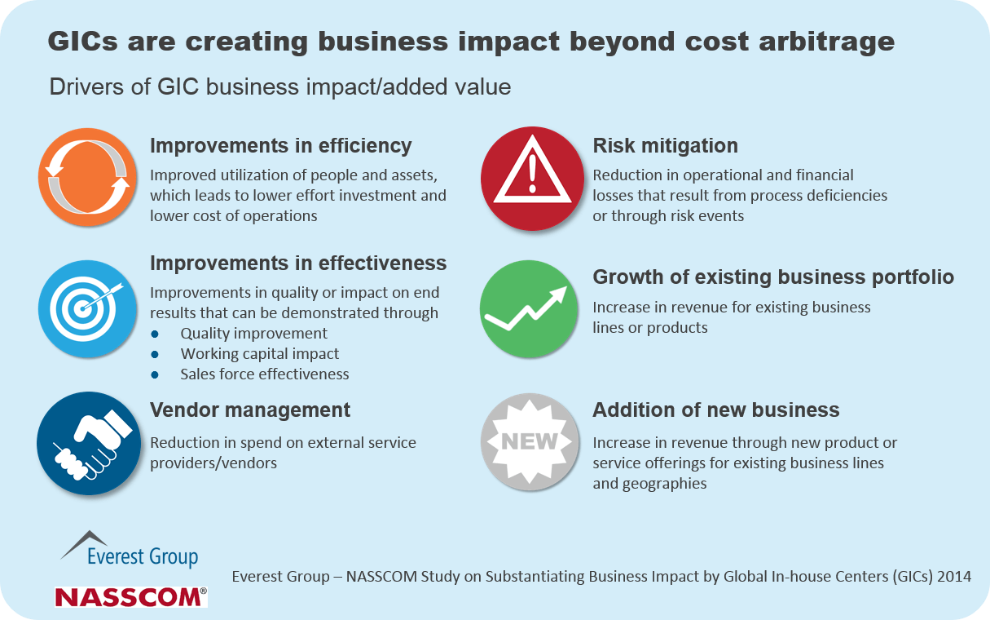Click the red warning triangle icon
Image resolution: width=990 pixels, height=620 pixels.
pos(532,179)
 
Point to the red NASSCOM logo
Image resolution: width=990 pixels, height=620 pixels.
pos(130,597)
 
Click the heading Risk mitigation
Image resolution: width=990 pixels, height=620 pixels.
pos(665,146)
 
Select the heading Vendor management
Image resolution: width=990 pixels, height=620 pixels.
pos(250,410)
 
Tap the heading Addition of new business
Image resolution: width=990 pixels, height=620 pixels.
pos(715,410)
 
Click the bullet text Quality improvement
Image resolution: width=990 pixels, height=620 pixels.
pos(254,334)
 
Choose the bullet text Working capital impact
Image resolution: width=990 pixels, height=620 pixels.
pos(260,354)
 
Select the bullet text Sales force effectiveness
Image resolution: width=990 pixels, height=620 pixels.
pos(265,374)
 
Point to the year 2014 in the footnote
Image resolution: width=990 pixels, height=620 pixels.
pos(953,577)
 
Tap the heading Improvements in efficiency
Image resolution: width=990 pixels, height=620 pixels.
pos(280,146)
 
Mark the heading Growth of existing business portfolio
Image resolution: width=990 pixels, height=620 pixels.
pos(772,277)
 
